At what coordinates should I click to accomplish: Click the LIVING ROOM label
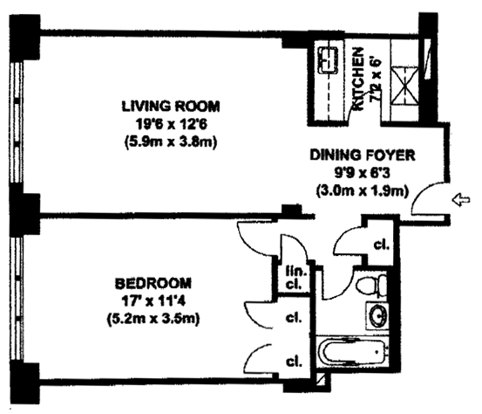click(x=171, y=107)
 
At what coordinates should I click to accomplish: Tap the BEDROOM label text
click(x=153, y=283)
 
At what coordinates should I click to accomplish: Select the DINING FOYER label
click(x=363, y=155)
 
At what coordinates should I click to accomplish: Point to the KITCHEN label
click(x=358, y=79)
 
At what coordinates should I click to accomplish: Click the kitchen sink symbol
click(x=329, y=60)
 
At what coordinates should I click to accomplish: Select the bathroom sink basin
click(x=377, y=315)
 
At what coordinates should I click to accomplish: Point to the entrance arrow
click(x=461, y=200)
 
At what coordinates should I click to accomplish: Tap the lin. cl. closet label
click(x=294, y=278)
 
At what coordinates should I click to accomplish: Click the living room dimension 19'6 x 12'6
click(x=171, y=124)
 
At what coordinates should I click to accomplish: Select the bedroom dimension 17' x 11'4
click(x=153, y=301)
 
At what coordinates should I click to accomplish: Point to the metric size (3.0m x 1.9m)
click(x=363, y=191)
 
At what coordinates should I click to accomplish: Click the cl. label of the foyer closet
click(x=382, y=245)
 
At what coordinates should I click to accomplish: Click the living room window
click(x=17, y=123)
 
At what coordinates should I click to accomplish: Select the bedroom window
click(x=17, y=298)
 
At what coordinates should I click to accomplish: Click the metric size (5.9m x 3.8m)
click(x=171, y=142)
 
